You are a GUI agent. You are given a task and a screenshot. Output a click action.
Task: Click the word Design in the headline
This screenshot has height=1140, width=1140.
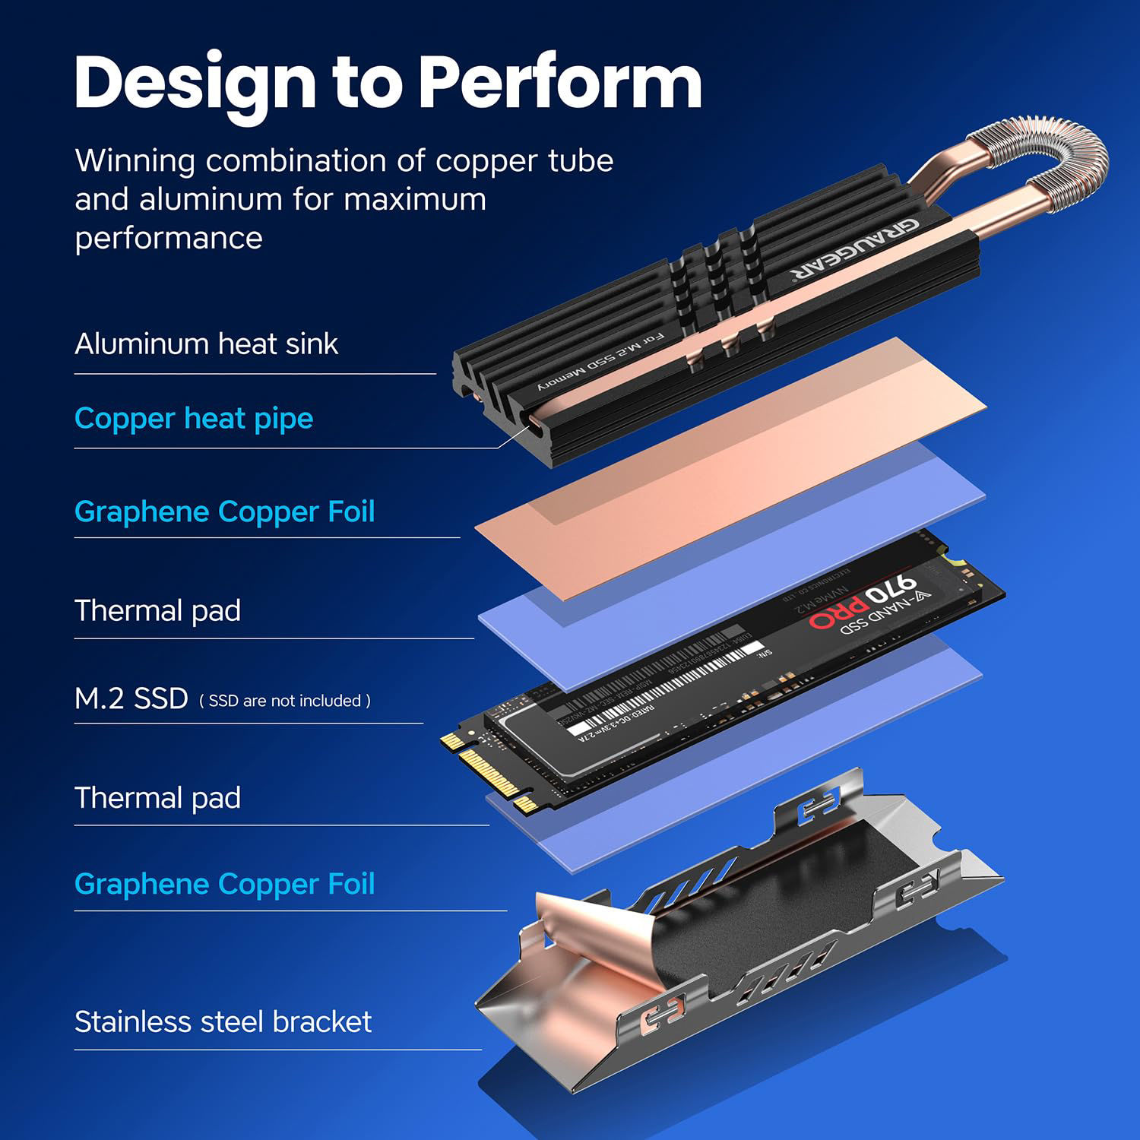[195, 85]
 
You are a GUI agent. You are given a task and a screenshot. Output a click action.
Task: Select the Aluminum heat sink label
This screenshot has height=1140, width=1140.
[206, 344]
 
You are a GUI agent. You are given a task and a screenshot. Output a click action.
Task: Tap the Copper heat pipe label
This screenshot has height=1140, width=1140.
[194, 419]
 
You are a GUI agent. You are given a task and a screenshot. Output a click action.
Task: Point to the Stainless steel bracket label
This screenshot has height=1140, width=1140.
[223, 1022]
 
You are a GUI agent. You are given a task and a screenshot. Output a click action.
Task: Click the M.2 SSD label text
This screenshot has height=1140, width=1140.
[131, 698]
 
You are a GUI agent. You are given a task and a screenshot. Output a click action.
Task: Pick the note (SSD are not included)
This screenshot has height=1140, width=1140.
[285, 701]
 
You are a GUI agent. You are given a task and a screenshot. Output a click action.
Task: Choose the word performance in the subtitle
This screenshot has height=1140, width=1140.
[168, 239]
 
